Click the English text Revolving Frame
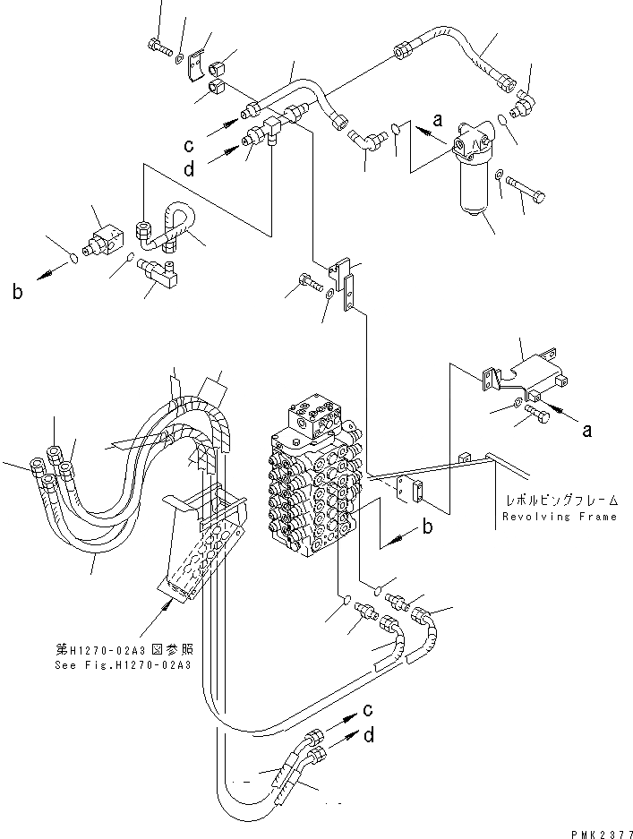(x=560, y=517)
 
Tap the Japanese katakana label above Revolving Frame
(x=560, y=501)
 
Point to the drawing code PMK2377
(x=600, y=832)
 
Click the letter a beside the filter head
(x=438, y=117)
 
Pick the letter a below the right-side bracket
(x=587, y=431)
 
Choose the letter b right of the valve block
(x=428, y=527)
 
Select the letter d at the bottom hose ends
(x=368, y=738)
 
